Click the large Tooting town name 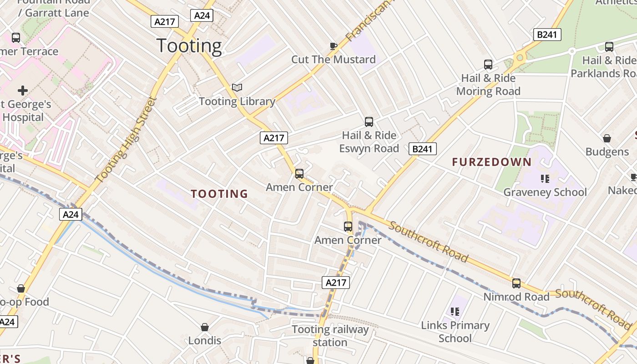(189, 46)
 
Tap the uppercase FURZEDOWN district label (491, 162)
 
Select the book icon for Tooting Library (237, 87)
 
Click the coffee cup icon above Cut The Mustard (334, 45)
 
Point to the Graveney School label (545, 192)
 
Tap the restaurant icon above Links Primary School (455, 312)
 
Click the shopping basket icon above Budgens (607, 138)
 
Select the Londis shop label (205, 340)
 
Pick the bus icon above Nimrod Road (516, 283)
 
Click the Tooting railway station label (330, 336)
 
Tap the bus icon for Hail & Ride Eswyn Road (369, 122)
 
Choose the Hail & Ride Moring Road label (488, 85)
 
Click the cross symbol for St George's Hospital (23, 91)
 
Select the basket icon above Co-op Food (20, 288)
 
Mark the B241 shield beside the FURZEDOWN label (422, 148)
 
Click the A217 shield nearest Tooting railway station (336, 282)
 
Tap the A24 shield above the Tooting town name (202, 15)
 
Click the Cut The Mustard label (334, 59)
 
